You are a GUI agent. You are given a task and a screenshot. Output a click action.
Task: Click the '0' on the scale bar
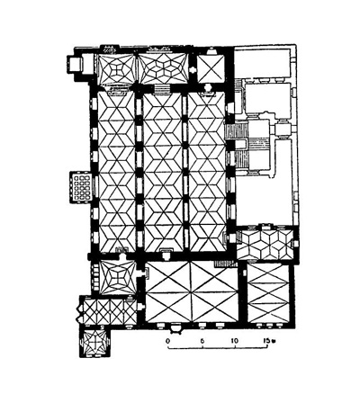coord(169,341)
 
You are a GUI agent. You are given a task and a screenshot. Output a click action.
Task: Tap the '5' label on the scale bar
coord(202,341)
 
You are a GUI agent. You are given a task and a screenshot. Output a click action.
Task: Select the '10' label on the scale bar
coord(235,341)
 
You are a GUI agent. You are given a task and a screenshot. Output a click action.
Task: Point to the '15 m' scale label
coord(267,341)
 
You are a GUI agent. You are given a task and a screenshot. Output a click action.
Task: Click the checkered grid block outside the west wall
coord(80,187)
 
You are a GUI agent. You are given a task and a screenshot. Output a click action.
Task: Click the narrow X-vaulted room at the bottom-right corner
coord(267,294)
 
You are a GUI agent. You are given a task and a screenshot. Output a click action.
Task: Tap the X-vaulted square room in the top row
coord(208,67)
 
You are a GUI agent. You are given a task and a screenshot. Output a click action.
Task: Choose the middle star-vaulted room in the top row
coord(162,68)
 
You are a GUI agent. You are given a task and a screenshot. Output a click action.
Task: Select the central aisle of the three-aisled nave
coord(161,171)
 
